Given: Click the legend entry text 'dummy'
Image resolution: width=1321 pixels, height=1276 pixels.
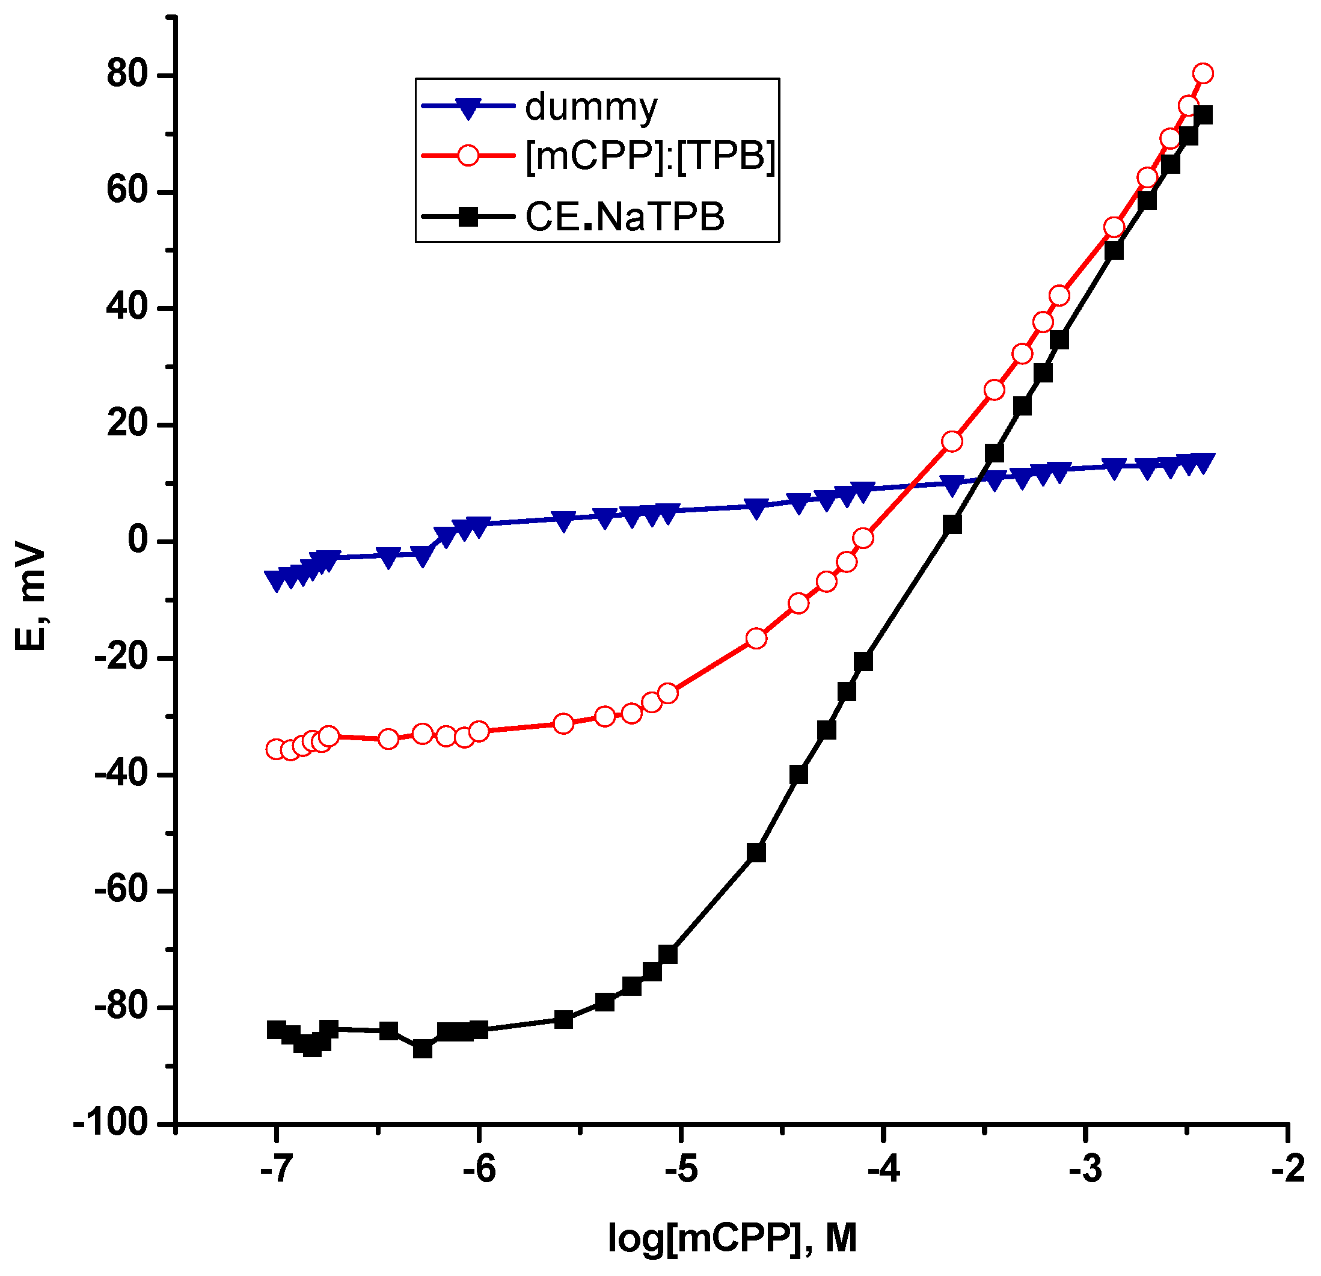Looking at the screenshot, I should pos(590,107).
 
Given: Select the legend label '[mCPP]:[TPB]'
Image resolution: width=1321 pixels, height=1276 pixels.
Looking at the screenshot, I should pos(651,156).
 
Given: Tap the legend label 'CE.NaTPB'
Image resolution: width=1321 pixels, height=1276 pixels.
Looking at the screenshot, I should pos(625,217).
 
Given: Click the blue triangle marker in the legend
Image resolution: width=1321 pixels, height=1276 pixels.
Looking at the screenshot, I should pos(467,108).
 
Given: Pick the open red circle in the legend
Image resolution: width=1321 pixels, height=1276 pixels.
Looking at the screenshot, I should pos(467,156).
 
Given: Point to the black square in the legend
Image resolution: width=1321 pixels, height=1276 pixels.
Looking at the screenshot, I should pos(467,216).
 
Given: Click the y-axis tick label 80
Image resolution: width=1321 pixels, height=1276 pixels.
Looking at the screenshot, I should pos(127,74).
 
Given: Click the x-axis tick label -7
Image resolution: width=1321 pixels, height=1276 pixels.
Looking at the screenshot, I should pos(275,1170).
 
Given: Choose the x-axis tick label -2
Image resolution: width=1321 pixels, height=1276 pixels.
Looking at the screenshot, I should pos(1288,1170).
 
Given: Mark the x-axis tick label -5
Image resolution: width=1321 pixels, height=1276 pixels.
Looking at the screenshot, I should pos(681,1170).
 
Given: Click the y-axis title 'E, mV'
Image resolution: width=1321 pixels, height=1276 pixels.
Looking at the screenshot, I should pos(30,598).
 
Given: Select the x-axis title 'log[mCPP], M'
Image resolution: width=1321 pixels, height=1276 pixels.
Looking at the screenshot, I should pos(732,1238).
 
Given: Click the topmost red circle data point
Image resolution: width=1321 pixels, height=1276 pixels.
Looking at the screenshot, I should pos(1203,73).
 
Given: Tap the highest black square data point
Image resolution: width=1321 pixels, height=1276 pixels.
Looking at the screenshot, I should pos(1203,115).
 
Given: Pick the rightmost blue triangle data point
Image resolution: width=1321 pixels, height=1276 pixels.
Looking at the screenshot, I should pos(1203,462).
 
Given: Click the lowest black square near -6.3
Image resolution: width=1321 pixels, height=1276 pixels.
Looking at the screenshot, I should pos(423,1049).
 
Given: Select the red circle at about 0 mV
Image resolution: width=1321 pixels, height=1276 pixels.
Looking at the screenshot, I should pos(863,538).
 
